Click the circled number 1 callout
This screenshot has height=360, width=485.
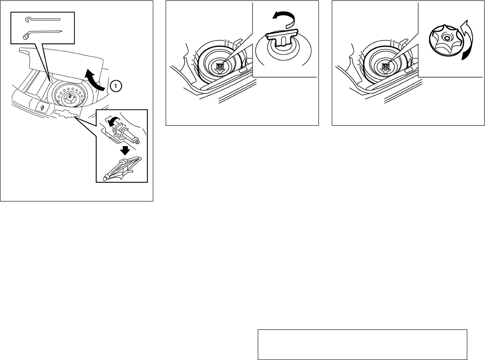(116, 85)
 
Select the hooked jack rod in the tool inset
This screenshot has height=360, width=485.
(43, 19)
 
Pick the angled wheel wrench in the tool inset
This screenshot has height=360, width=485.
(43, 35)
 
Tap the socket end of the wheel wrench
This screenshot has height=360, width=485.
(26, 37)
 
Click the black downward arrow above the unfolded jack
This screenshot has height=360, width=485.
(125, 150)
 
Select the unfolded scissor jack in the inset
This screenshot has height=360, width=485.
(123, 169)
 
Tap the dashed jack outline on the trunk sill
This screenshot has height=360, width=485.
(66, 113)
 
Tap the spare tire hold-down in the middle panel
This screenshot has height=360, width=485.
(220, 66)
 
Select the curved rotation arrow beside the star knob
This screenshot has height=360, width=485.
(466, 40)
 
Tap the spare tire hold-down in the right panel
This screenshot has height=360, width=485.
(385, 66)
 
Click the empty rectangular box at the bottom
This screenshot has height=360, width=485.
(362, 345)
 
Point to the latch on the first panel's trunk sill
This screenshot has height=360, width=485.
(42, 107)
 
